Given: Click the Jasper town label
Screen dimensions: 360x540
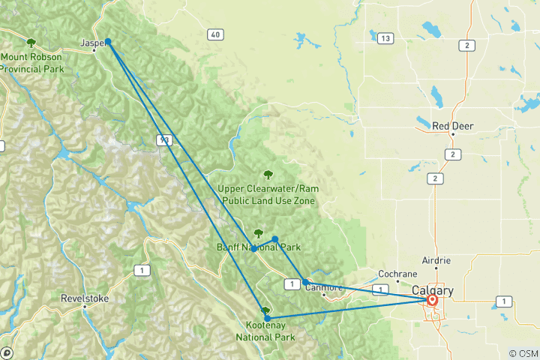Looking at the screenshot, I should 93,44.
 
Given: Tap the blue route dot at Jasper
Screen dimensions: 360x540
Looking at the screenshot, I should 108,41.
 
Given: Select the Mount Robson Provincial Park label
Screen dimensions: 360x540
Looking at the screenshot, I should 31,63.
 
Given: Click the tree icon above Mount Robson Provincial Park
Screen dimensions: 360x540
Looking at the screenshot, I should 31,43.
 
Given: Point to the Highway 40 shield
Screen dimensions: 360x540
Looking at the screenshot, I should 216,34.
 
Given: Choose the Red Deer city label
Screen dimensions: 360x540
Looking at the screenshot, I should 453,126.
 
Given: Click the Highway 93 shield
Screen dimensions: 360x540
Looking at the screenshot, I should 164,139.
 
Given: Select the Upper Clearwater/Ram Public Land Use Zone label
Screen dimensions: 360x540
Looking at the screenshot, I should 266,194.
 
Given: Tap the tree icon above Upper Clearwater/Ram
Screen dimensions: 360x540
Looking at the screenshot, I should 268,175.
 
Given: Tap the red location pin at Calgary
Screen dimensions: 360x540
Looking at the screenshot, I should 433,300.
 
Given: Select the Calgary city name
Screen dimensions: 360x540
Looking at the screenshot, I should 433,290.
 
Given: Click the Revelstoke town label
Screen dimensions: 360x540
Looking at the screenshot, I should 84,298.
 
